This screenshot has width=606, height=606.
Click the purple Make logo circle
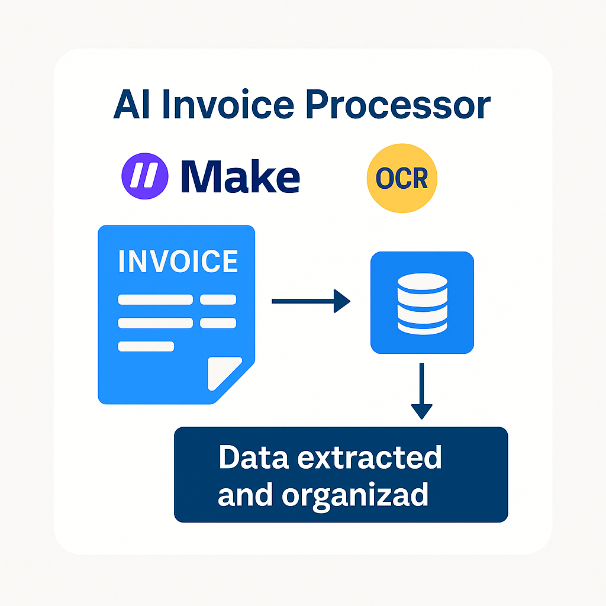[x=145, y=176]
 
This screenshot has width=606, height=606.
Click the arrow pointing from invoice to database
[x=311, y=301]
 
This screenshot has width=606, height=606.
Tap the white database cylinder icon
[x=422, y=302]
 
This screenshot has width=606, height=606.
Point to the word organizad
[x=354, y=494]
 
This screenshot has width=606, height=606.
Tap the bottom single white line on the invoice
[x=146, y=346]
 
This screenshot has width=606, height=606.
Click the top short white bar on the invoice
[x=218, y=299]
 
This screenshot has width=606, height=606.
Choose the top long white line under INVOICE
[x=155, y=299]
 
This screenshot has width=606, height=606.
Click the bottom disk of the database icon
[x=422, y=323]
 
